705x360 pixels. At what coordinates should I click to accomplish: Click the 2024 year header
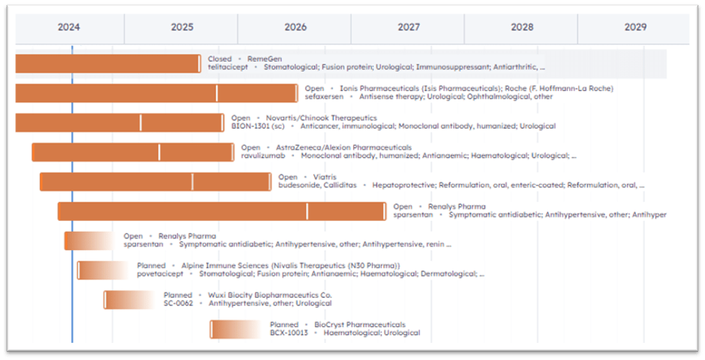click(x=69, y=27)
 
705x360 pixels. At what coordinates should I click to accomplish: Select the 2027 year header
click(x=409, y=27)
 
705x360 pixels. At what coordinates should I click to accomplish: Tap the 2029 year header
click(x=636, y=27)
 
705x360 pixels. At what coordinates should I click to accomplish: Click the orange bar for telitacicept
click(x=107, y=63)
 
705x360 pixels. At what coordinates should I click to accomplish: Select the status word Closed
click(x=220, y=59)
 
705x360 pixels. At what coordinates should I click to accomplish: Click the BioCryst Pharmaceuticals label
click(x=359, y=325)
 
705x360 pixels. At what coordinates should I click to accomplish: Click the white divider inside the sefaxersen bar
click(x=217, y=93)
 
